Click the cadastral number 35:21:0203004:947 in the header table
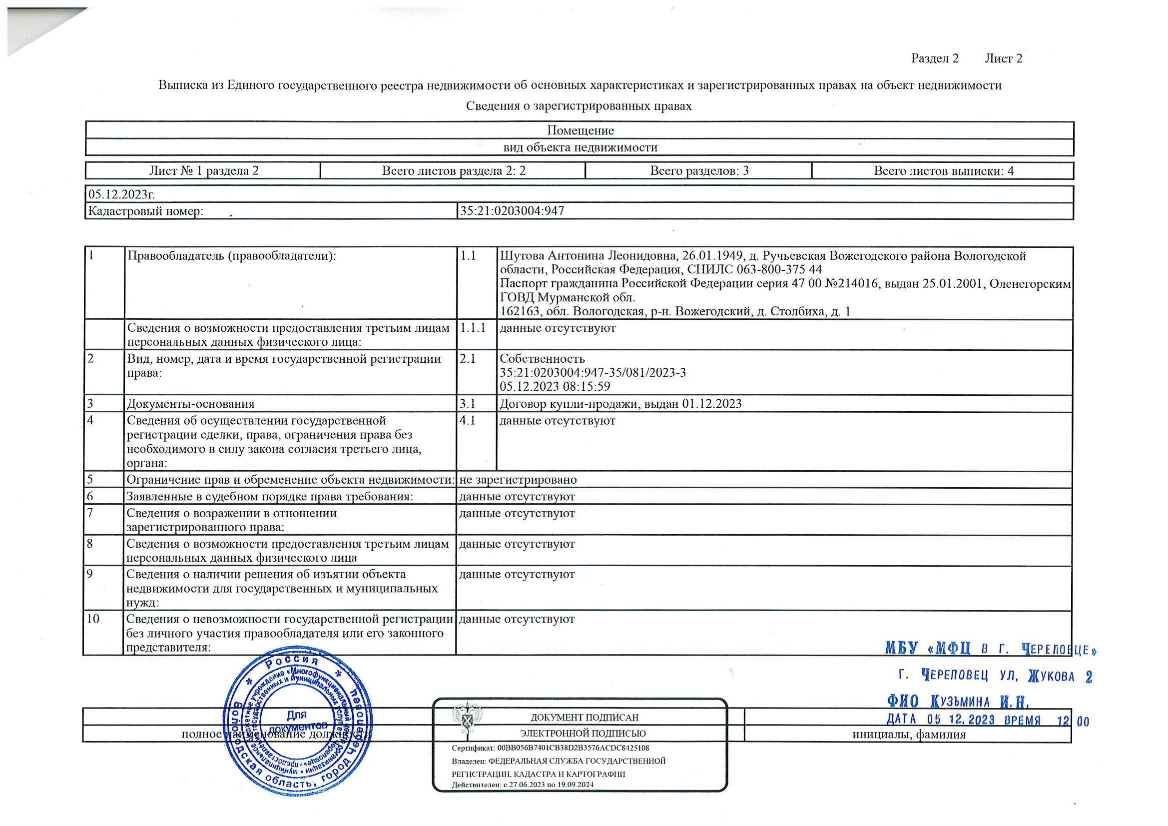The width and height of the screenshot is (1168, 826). (x=512, y=211)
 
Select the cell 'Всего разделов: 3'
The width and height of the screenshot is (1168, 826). (x=699, y=171)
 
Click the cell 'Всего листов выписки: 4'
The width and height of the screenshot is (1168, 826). (x=944, y=171)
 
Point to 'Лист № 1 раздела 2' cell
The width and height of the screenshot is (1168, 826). (x=203, y=171)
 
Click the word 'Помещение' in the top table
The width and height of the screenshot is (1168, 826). (x=581, y=131)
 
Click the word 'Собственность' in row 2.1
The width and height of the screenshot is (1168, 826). (x=543, y=359)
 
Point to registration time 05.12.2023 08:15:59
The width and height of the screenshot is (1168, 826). (x=555, y=386)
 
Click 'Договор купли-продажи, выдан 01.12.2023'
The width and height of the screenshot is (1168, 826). (x=620, y=404)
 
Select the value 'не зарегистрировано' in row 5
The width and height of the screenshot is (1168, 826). (x=518, y=480)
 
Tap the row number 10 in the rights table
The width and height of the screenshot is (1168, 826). (x=93, y=619)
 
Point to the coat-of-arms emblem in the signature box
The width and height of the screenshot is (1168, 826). (x=467, y=720)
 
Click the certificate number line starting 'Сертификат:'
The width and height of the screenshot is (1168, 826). (x=551, y=748)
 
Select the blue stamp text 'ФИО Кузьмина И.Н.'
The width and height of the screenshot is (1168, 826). (x=958, y=703)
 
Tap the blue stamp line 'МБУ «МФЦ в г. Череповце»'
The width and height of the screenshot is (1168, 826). (x=991, y=650)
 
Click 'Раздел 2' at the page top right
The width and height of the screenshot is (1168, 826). (x=935, y=59)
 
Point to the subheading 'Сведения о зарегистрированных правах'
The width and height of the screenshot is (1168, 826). (x=580, y=106)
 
